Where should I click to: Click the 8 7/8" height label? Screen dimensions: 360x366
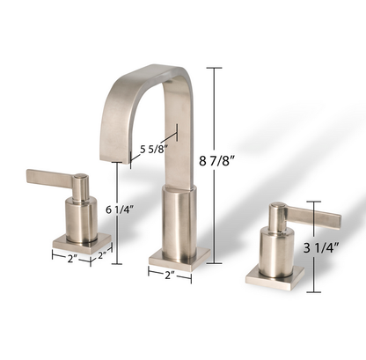pos(245,161)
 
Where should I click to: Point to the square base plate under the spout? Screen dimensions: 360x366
pos(179,257)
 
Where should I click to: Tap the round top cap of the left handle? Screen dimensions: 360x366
pos(80,179)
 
